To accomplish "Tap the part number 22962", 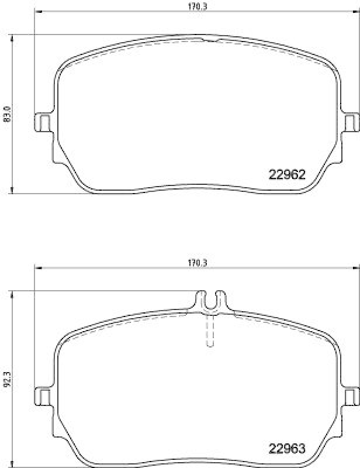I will [x=287, y=174].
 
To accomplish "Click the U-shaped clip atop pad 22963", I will [x=210, y=300].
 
